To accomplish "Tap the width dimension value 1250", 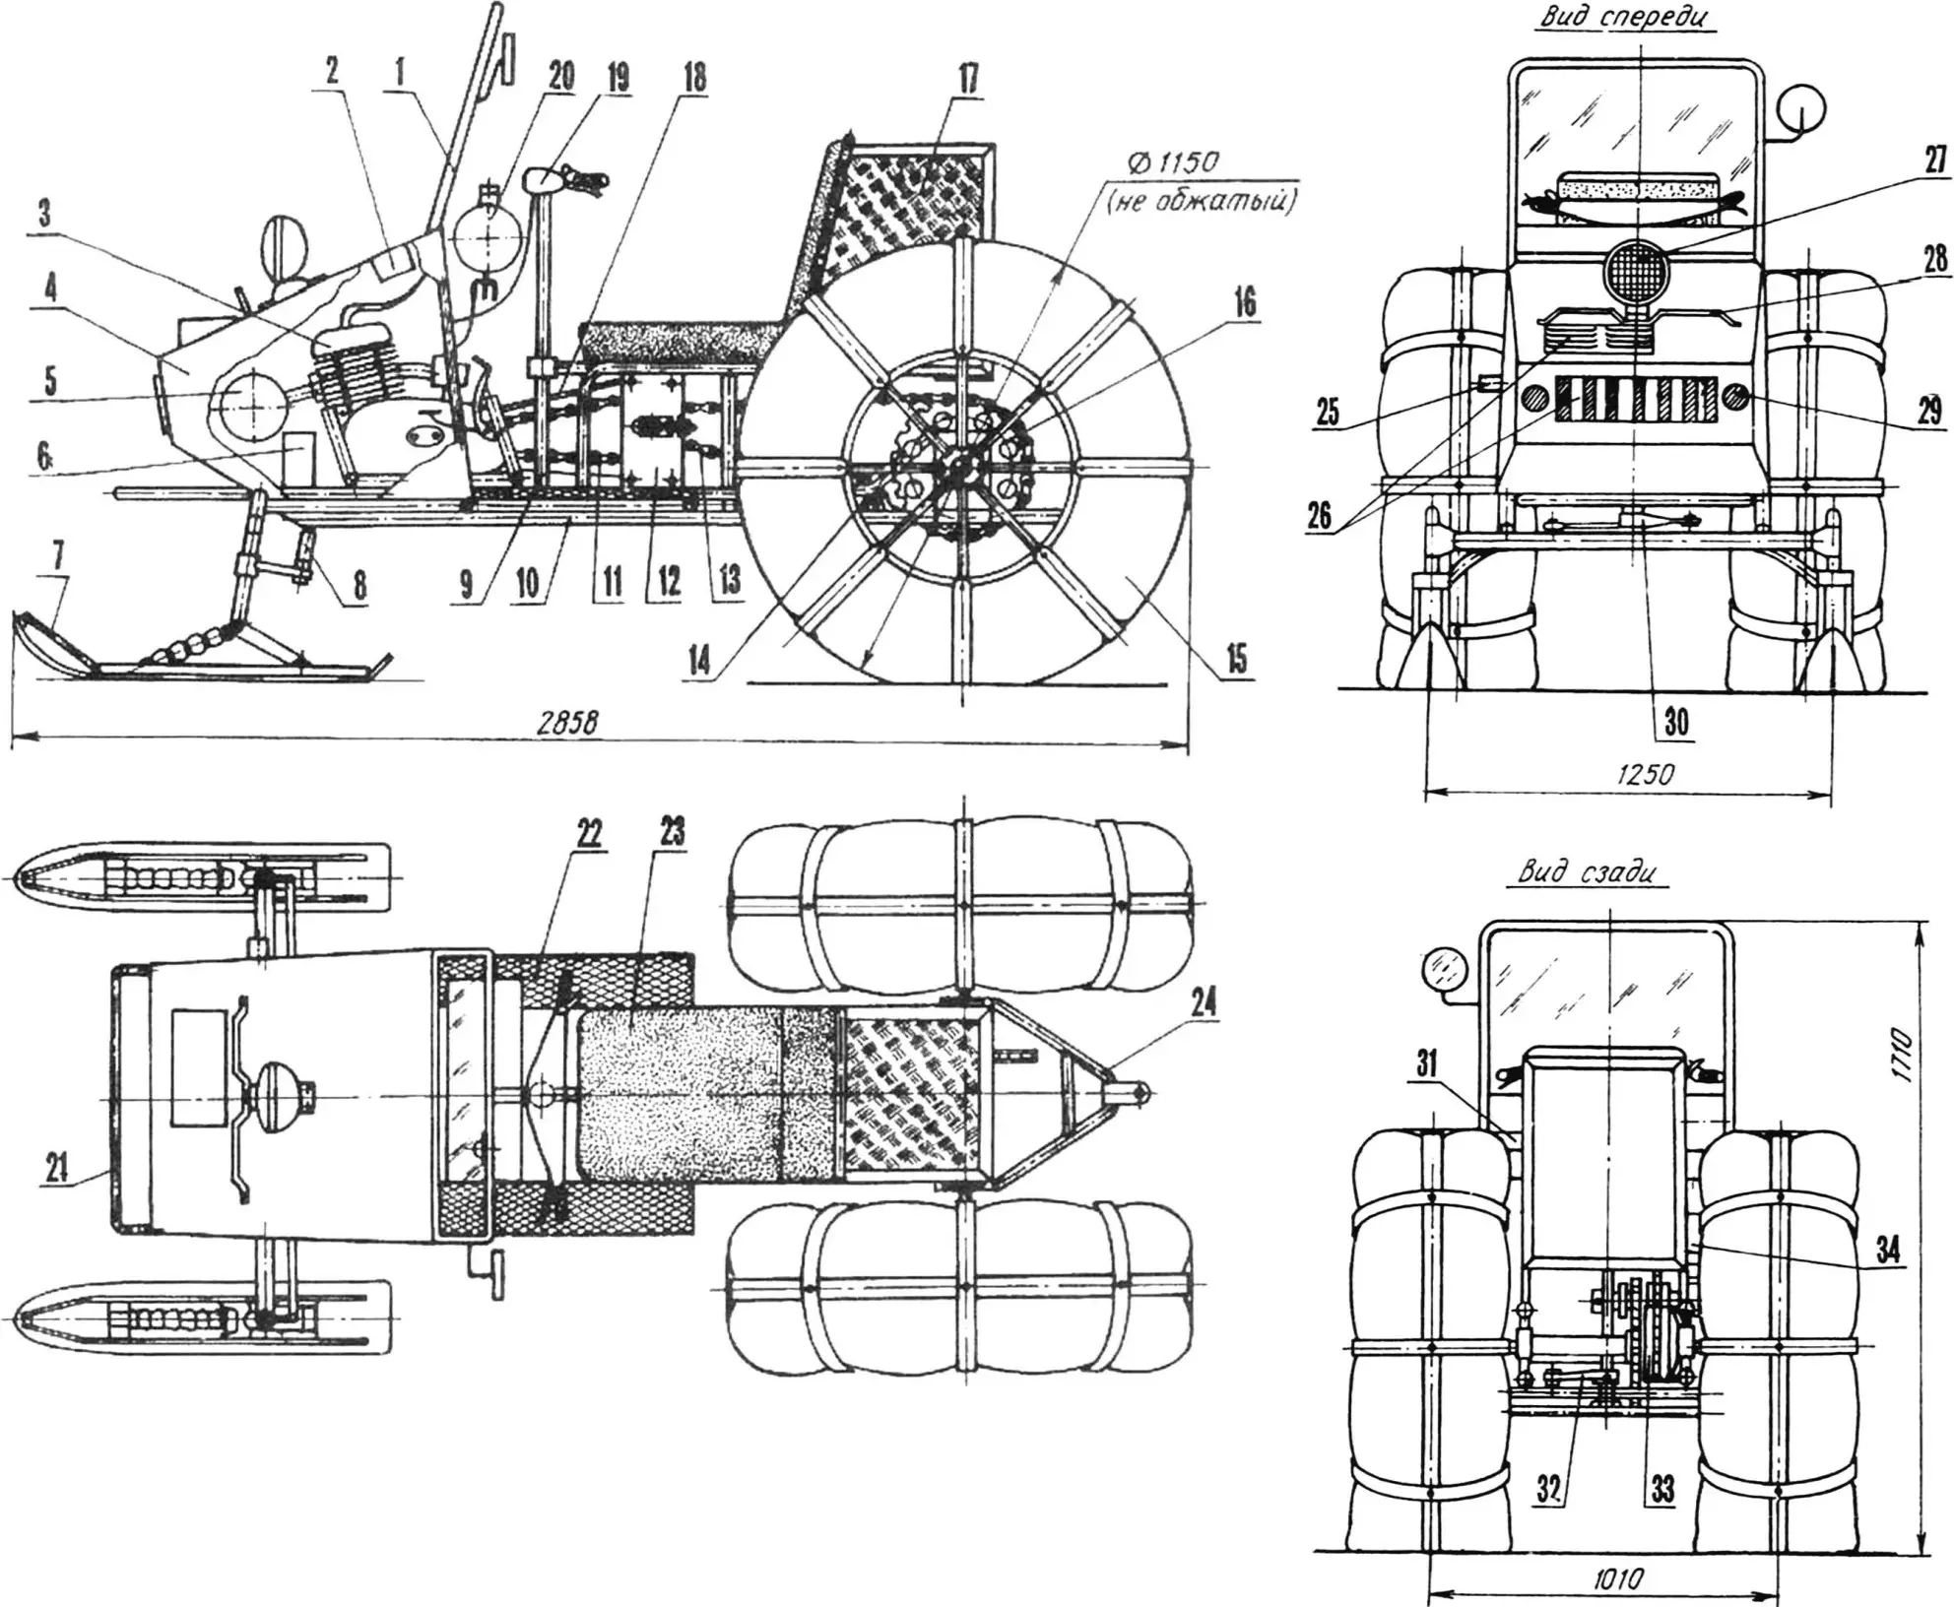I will pyautogui.click(x=1645, y=774).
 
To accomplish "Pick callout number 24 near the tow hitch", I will pyautogui.click(x=1204, y=1004).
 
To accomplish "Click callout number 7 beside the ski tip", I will pyautogui.click(x=58, y=556).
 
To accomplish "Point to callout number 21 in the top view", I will pyautogui.click(x=57, y=1169).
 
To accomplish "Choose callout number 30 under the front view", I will pyautogui.click(x=1675, y=723).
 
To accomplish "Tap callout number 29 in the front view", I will pyautogui.click(x=1927, y=410).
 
